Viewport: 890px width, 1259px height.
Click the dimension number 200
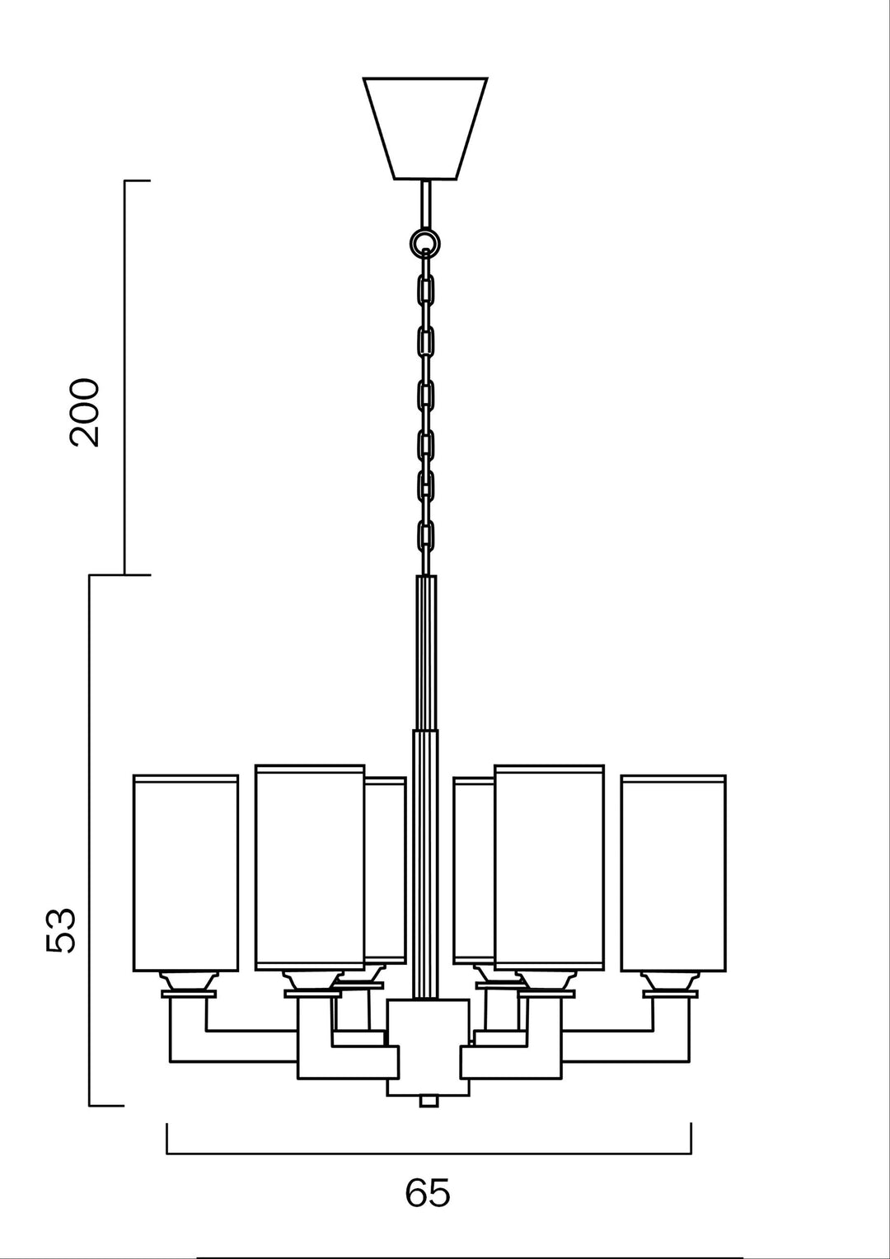pyautogui.click(x=84, y=413)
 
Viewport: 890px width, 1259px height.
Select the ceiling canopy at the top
pyautogui.click(x=425, y=129)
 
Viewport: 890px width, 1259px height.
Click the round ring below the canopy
pyautogui.click(x=425, y=244)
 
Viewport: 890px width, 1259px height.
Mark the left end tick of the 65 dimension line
pyautogui.click(x=167, y=1138)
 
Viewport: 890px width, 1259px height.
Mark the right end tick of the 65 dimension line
pyautogui.click(x=691, y=1138)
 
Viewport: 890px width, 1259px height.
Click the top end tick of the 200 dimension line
pyautogui.click(x=137, y=181)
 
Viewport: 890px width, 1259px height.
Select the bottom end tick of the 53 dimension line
pyautogui.click(x=106, y=1106)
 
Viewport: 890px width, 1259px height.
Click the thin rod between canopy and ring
pyautogui.click(x=425, y=204)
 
